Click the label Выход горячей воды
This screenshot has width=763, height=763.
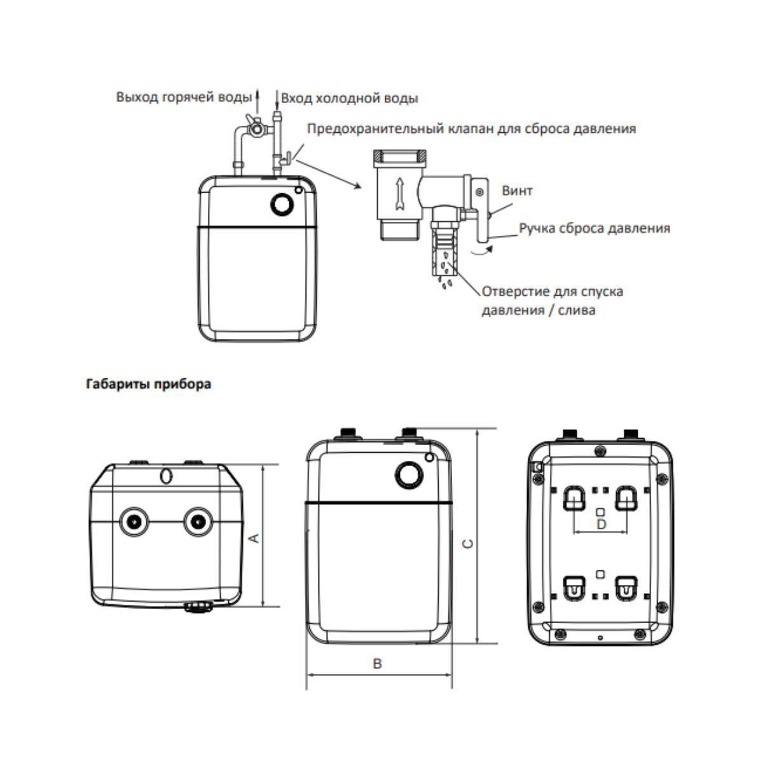[x=184, y=97]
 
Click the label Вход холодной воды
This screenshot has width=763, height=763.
[x=349, y=98]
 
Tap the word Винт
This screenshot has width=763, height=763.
[x=517, y=191]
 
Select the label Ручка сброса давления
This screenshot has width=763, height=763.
[x=594, y=228]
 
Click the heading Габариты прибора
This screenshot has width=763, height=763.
[x=148, y=385]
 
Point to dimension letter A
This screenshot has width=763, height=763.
[x=254, y=539]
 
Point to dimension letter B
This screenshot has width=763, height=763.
[x=377, y=664]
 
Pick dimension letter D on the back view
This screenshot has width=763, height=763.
[x=601, y=524]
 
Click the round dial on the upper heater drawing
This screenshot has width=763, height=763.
[x=281, y=204]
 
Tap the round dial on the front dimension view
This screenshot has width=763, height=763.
[x=408, y=474]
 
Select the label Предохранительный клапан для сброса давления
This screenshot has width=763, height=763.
[x=471, y=128]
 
